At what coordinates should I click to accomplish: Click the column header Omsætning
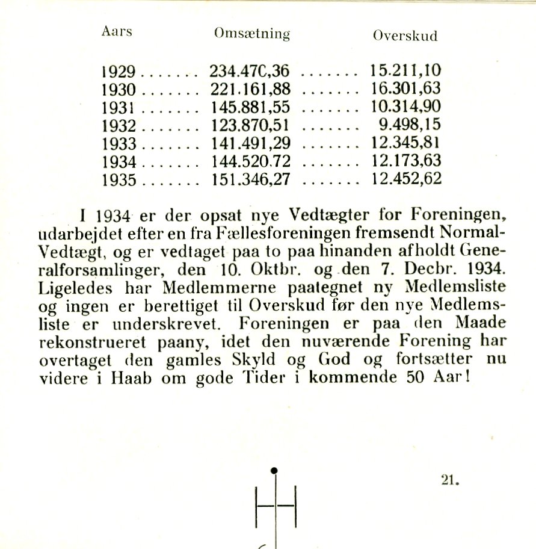point(252,34)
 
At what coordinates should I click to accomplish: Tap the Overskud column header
point(405,36)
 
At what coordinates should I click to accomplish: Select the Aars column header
point(117,31)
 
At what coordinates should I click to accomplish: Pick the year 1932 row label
point(120,126)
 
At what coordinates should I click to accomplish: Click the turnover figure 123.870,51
point(250,126)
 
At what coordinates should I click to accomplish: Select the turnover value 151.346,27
point(250,179)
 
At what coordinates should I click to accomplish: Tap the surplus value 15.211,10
point(405,72)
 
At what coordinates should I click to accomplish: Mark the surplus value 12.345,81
point(405,143)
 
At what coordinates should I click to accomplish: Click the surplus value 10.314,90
point(405,108)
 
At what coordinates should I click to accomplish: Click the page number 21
point(450,480)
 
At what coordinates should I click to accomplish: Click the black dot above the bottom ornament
point(274,470)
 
